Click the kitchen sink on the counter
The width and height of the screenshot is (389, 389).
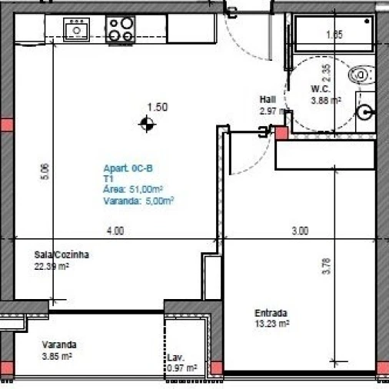tap(77, 30)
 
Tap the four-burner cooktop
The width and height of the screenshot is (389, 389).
tap(121, 29)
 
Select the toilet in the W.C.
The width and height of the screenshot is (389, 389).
tap(361, 75)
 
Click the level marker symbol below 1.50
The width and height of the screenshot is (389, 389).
tap(145, 122)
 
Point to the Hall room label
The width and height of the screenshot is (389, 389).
tap(268, 99)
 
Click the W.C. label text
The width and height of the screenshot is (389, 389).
tap(321, 89)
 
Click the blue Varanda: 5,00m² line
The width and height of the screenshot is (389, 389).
tap(138, 201)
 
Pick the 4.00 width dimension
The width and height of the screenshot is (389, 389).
tap(115, 230)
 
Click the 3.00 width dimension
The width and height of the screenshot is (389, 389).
tap(300, 230)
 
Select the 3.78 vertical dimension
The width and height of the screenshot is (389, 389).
tap(327, 266)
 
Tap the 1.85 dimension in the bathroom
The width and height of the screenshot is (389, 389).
tap(333, 35)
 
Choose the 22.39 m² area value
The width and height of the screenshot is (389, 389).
tap(52, 267)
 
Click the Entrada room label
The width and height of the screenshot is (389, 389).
tap(271, 313)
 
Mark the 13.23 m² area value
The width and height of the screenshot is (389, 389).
tap(272, 324)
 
